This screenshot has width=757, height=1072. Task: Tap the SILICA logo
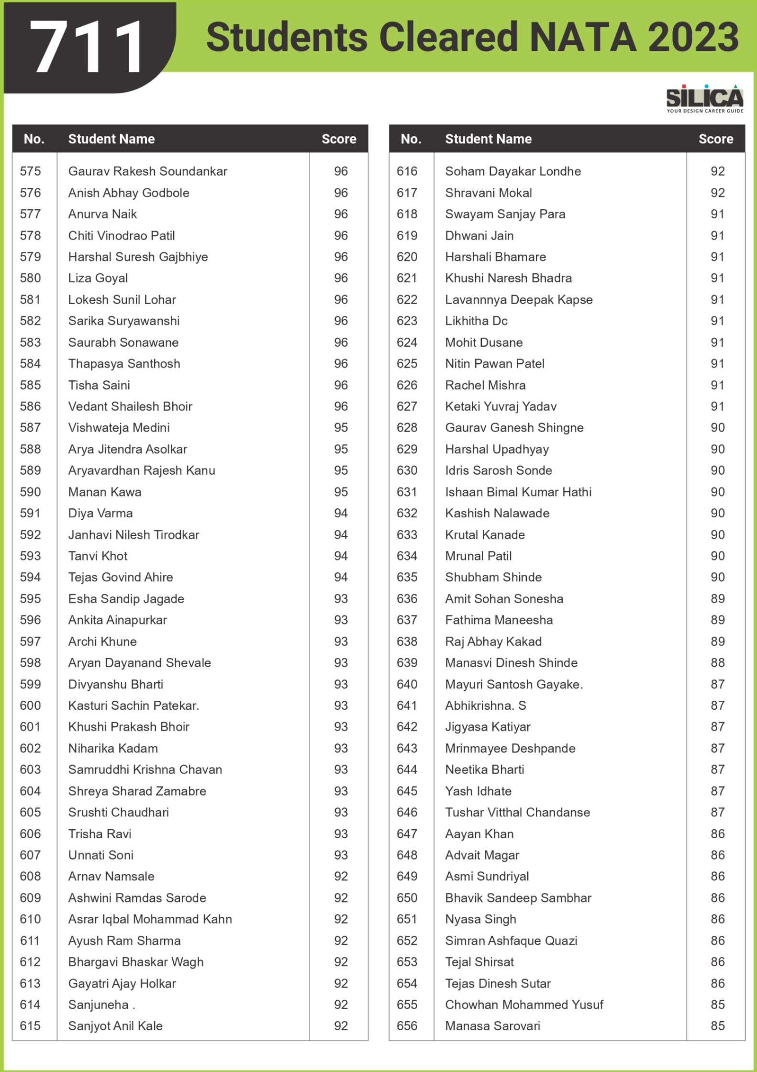704,99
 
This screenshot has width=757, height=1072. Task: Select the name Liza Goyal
98,278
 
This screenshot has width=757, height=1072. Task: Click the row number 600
30,706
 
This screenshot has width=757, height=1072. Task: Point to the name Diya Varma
100,513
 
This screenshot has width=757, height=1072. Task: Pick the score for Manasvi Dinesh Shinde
717,663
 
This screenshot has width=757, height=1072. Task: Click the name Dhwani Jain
479,236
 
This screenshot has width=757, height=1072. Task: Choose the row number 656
407,1026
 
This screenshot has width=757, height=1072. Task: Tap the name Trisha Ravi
100,834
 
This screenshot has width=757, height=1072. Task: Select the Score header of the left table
339,139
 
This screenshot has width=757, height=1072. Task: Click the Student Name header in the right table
488,139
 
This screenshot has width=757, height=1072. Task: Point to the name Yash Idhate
478,791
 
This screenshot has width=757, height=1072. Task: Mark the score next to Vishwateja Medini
341,428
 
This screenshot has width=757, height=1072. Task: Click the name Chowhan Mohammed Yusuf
524,1004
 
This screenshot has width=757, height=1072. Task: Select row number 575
30,171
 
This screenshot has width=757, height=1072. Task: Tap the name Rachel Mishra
485,385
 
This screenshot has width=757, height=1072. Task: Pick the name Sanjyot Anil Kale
115,1026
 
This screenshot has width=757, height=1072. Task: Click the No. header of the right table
411,139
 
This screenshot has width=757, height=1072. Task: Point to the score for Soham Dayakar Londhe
717,171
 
